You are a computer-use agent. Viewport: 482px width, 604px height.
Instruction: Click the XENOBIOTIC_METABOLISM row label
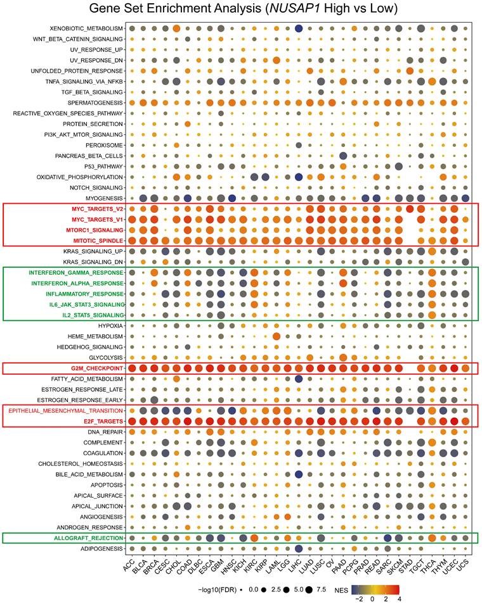pyautogui.click(x=87, y=28)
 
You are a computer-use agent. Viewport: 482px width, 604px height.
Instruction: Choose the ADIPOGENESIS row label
pyautogui.click(x=100, y=548)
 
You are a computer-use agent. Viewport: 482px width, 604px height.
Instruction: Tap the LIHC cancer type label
pyautogui.click(x=297, y=566)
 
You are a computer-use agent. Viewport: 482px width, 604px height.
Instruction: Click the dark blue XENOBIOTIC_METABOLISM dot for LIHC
pyautogui.click(x=299, y=28)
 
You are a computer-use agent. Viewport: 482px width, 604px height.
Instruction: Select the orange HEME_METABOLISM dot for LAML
pyautogui.click(x=277, y=336)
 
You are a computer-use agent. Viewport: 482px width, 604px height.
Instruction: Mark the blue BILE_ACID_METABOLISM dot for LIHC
pyautogui.click(x=299, y=474)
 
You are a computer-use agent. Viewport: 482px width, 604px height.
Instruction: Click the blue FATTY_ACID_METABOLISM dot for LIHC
pyautogui.click(x=299, y=379)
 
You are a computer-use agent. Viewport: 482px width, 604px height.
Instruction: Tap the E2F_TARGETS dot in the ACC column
pyautogui.click(x=132, y=421)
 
